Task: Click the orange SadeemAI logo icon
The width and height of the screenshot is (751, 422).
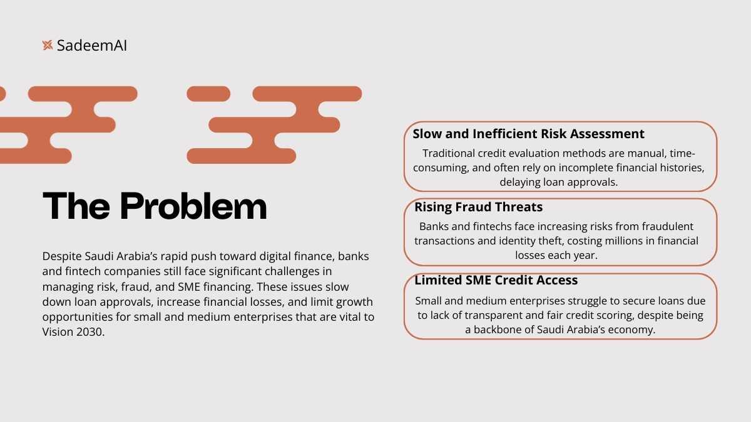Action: pyautogui.click(x=48, y=45)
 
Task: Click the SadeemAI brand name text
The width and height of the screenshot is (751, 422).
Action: pyautogui.click(x=92, y=46)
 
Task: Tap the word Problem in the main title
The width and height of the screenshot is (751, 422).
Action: pyautogui.click(x=193, y=206)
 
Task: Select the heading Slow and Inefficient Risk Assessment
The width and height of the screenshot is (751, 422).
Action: pyautogui.click(x=528, y=134)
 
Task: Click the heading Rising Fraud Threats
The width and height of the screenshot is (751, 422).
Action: pyautogui.click(x=478, y=207)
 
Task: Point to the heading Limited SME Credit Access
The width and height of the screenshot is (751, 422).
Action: pyautogui.click(x=496, y=280)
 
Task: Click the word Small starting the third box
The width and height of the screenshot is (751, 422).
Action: pyautogui.click(x=428, y=301)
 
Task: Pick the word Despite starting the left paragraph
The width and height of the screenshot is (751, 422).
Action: pyautogui.click(x=62, y=256)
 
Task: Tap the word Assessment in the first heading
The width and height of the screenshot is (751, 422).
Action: pyautogui.click(x=607, y=134)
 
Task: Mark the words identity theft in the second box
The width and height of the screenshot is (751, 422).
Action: pyautogui.click(x=531, y=241)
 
